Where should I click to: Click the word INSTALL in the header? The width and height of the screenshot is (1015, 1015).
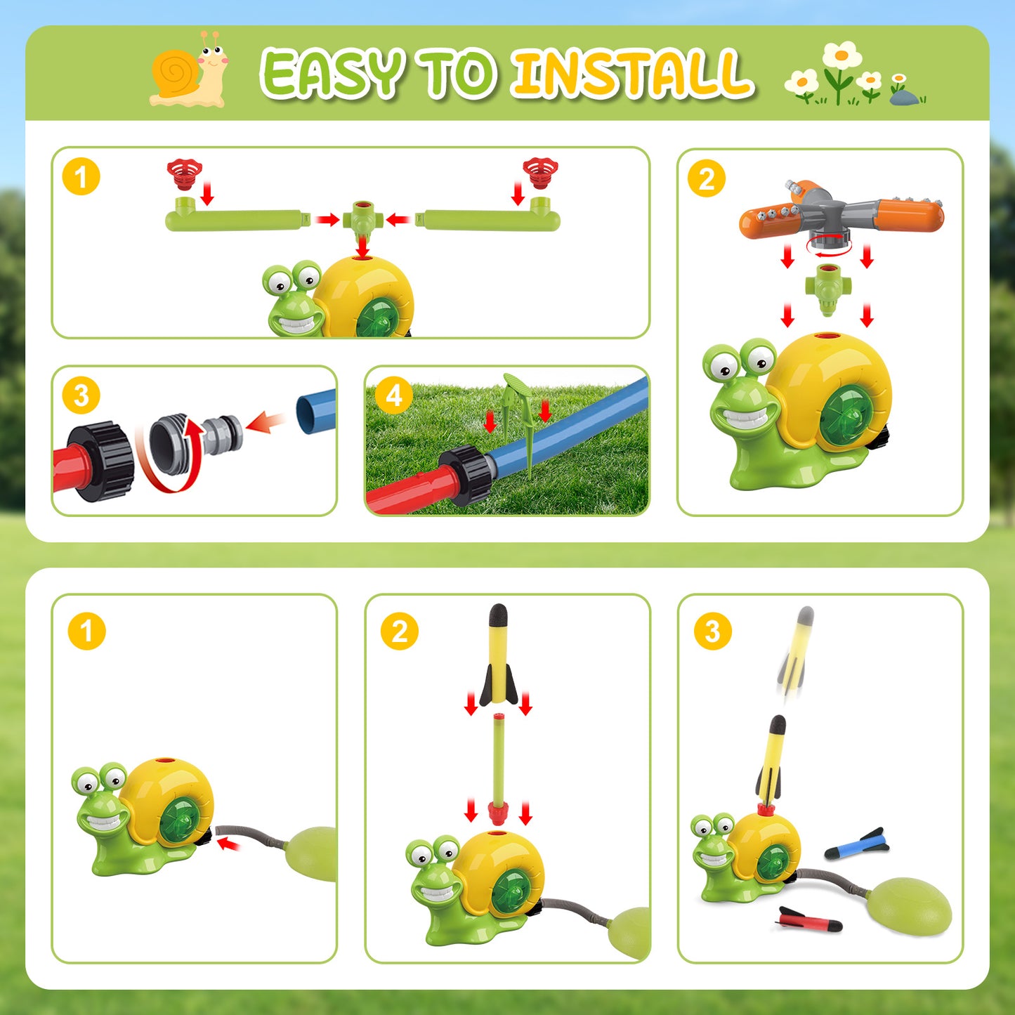click(632, 74)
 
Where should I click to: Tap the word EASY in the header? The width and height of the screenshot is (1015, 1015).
click(332, 74)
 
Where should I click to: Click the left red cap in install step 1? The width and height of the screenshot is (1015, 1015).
click(185, 173)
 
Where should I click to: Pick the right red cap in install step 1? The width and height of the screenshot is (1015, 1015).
click(540, 172)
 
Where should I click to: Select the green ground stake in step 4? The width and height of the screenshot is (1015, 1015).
click(524, 421)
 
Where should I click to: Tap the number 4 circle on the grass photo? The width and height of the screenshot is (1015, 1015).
click(393, 395)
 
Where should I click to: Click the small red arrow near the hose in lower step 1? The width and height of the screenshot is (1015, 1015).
click(228, 843)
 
